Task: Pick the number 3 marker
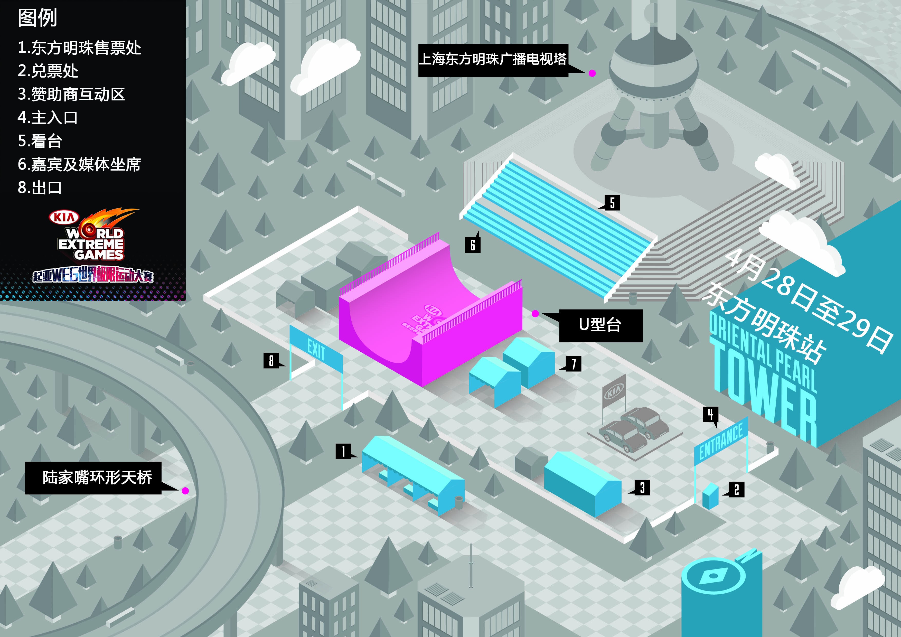[x=642, y=488]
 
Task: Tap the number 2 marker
[x=736, y=489]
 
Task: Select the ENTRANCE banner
[x=721, y=441]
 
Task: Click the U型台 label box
[x=600, y=325]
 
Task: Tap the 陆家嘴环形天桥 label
[x=93, y=478]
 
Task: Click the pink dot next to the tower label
[x=592, y=73]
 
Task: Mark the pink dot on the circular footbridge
[x=185, y=491]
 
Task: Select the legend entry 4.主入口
[x=48, y=117]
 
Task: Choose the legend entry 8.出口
[x=40, y=187]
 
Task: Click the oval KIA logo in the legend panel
[x=64, y=217]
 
